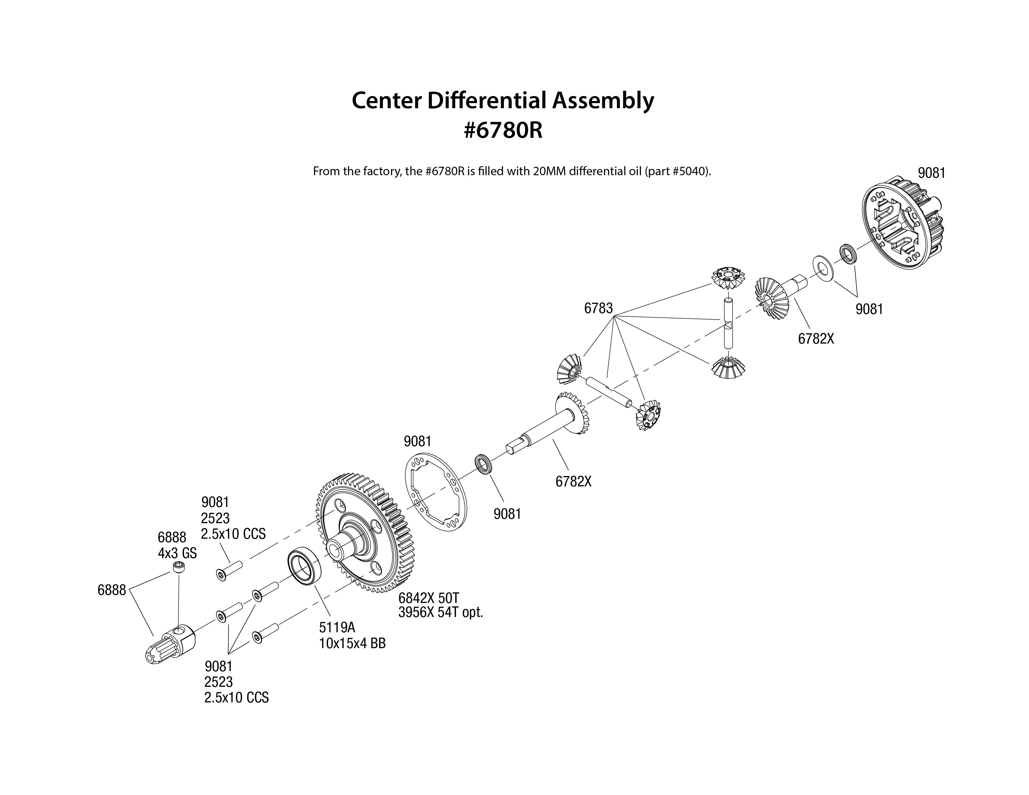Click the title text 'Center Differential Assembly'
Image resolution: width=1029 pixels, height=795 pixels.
tap(503, 100)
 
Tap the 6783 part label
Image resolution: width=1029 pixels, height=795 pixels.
tap(598, 308)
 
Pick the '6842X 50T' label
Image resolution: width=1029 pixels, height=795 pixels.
tap(428, 598)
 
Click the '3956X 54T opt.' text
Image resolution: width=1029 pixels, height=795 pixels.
tap(441, 613)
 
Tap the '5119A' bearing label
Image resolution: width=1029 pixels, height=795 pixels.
tap(337, 627)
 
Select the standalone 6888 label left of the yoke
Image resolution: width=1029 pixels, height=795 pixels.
tap(112, 590)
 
